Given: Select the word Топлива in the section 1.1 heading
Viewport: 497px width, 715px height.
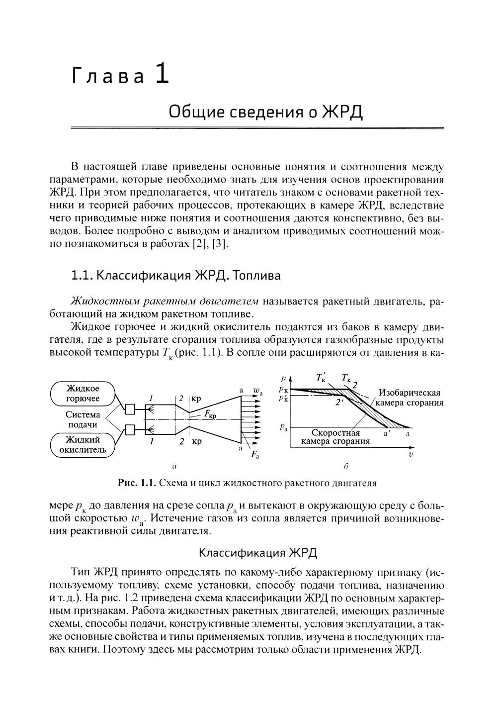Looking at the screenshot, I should pos(257,275).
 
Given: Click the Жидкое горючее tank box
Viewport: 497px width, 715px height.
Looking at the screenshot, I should pos(83,393).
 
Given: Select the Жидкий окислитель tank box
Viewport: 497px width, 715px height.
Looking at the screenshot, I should pos(83,445).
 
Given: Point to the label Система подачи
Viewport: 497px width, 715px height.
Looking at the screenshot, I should pos(83,419).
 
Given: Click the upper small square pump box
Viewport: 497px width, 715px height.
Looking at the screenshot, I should pos(131,409).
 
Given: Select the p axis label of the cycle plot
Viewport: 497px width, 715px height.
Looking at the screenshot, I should pos(282,379).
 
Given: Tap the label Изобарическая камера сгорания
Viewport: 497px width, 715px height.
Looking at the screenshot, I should pos(410,398).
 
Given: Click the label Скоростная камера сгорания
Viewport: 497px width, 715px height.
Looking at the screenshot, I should pos(335,437).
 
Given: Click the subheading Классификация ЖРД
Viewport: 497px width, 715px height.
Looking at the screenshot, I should pos(257,553).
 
